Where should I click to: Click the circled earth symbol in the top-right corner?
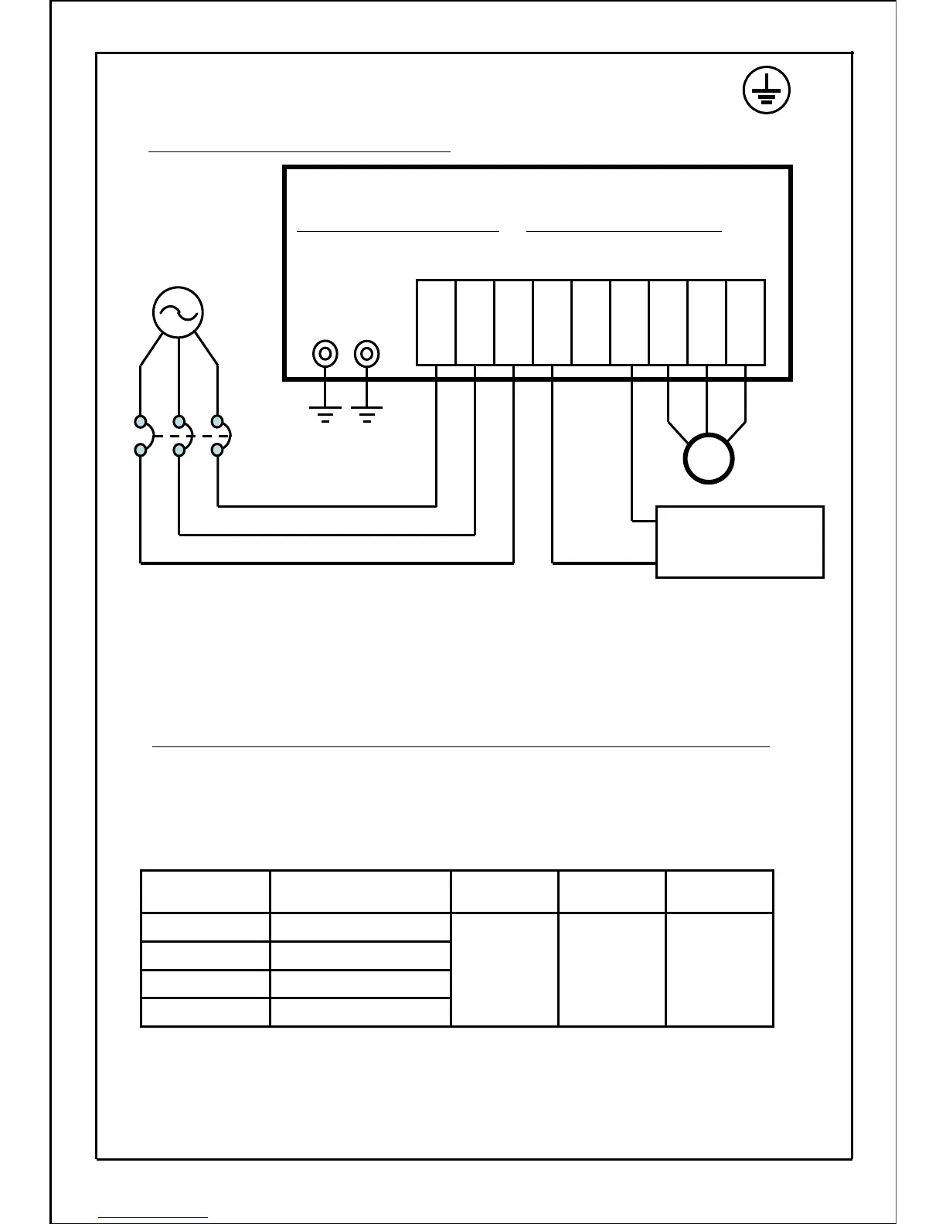[766, 90]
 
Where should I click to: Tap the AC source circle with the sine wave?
[178, 311]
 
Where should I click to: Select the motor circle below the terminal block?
[708, 459]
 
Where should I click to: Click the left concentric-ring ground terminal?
[325, 354]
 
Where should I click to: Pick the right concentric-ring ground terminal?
[366, 354]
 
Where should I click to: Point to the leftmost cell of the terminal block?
[436, 322]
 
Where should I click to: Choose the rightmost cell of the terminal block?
[746, 322]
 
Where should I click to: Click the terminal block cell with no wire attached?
[591, 322]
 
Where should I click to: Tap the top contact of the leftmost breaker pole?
[141, 422]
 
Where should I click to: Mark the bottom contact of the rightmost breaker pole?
[218, 449]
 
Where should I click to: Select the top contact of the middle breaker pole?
[179, 422]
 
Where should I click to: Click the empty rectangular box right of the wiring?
[740, 542]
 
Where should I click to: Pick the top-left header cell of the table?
[206, 892]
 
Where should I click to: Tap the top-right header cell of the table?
[720, 892]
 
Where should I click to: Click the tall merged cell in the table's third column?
[504, 970]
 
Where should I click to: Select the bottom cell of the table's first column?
[206, 1012]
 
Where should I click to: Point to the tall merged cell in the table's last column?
[720, 970]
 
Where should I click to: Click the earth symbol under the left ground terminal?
[325, 414]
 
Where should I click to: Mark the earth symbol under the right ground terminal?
[366, 414]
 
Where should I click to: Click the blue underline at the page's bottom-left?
[153, 1218]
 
